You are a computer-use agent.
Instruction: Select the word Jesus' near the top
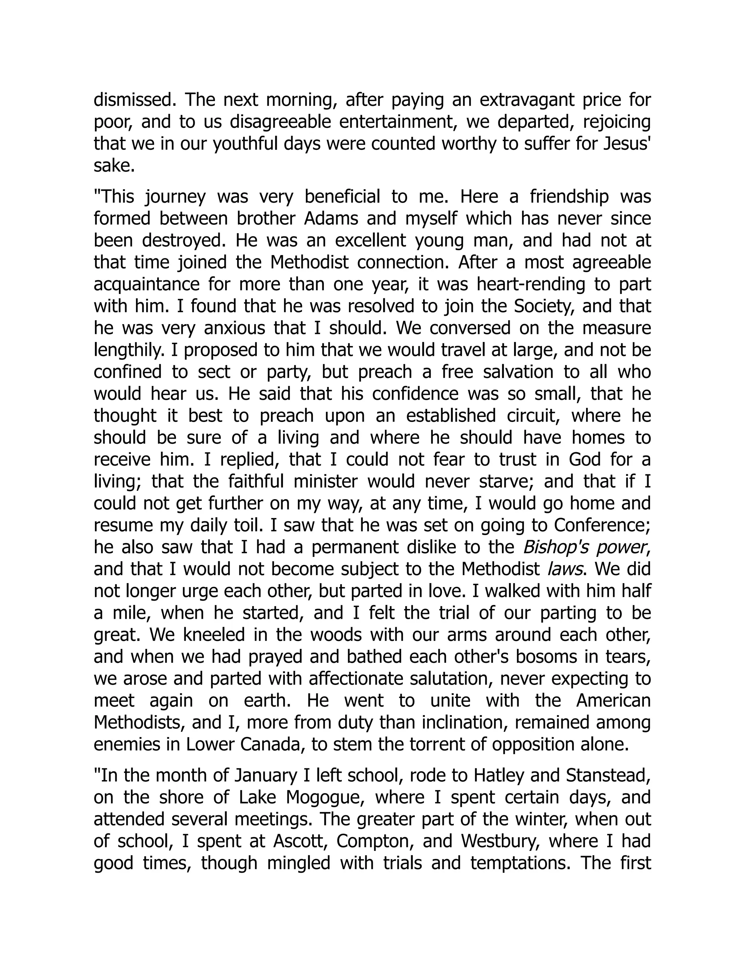(x=627, y=144)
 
